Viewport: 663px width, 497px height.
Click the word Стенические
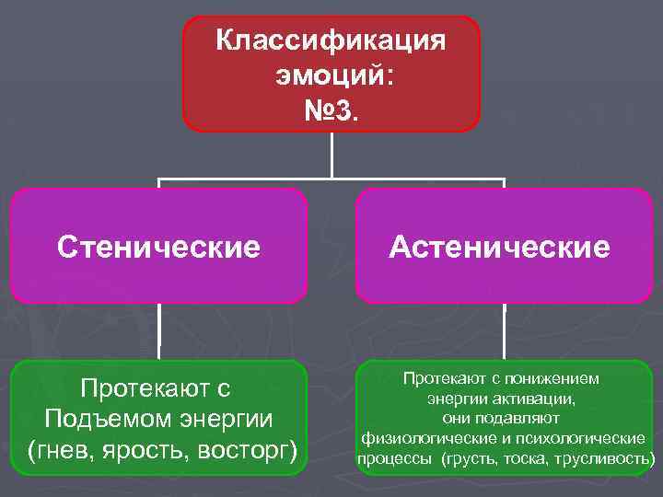(x=158, y=247)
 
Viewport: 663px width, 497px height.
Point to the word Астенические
(x=499, y=247)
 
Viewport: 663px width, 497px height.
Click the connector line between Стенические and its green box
(x=159, y=331)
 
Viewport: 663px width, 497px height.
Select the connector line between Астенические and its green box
(x=504, y=331)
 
